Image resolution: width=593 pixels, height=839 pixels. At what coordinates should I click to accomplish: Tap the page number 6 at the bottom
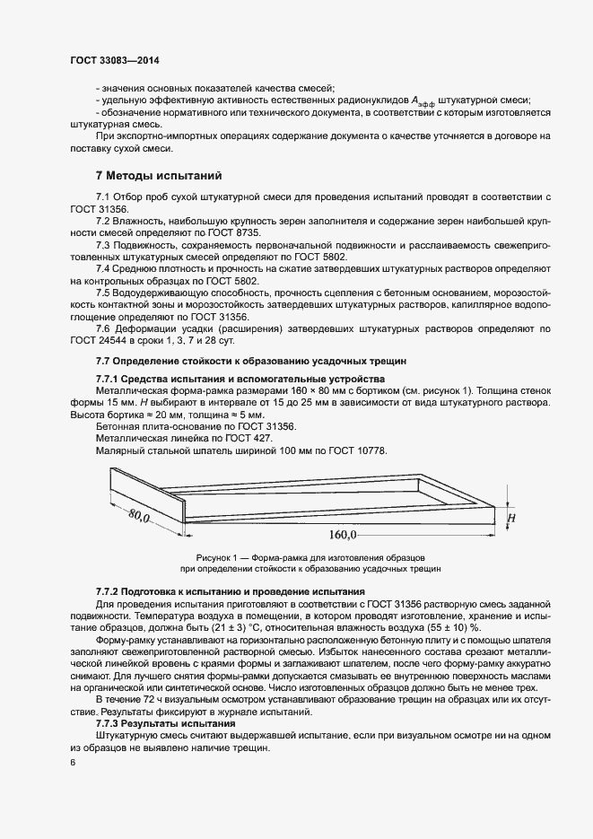click(x=73, y=763)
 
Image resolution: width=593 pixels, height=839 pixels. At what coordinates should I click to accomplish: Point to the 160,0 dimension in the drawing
click(x=343, y=536)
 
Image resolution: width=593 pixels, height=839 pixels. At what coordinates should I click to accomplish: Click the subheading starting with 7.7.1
click(x=240, y=379)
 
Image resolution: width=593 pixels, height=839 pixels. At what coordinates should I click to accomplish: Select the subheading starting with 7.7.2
click(x=230, y=591)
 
